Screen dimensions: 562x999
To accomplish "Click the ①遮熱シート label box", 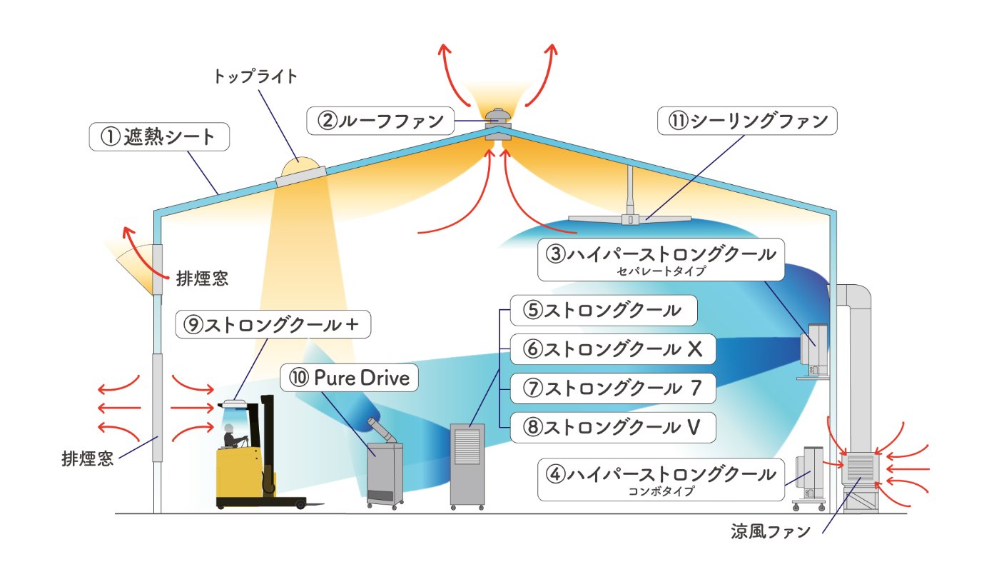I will (158, 136).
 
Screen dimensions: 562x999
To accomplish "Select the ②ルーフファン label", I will (380, 120).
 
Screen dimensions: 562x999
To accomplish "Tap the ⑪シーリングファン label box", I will (746, 121).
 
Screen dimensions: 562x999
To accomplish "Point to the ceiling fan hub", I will (631, 218).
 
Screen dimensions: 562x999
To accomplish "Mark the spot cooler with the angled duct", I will (383, 468).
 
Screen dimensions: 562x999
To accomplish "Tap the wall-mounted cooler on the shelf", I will (814, 350).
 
